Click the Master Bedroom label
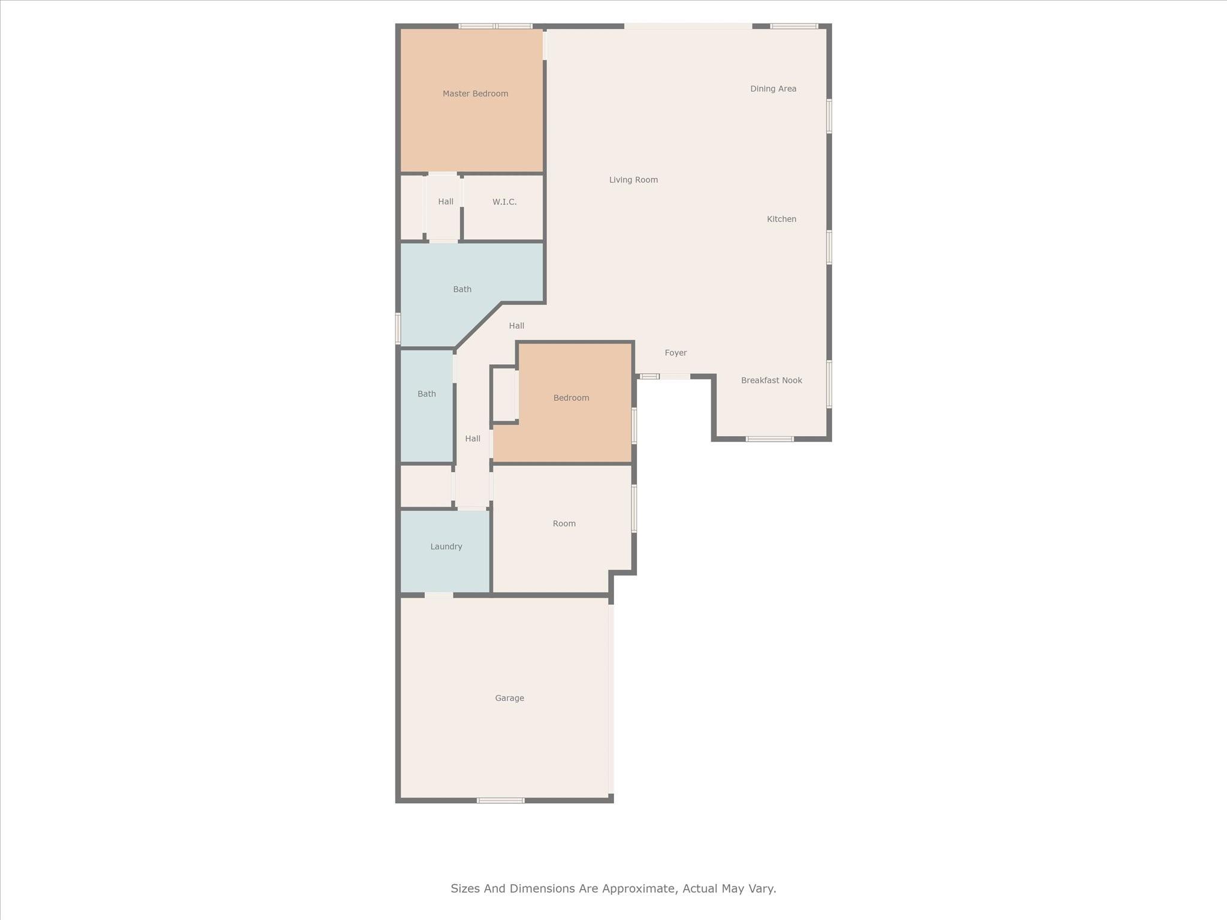[475, 93]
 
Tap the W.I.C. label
[504, 202]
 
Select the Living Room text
[633, 180]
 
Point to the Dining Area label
[773, 89]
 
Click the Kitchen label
[782, 219]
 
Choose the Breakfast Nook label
[772, 380]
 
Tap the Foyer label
[676, 353]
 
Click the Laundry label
[446, 546]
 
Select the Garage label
[510, 698]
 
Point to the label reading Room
[564, 523]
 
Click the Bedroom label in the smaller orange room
[572, 398]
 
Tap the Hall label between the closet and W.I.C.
[446, 202]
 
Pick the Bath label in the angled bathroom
[463, 289]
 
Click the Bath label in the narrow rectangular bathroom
[427, 394]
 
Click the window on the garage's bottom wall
[501, 800]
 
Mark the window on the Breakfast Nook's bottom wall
[770, 439]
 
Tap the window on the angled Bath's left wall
[398, 328]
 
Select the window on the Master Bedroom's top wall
[495, 26]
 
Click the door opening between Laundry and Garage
[439, 595]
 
